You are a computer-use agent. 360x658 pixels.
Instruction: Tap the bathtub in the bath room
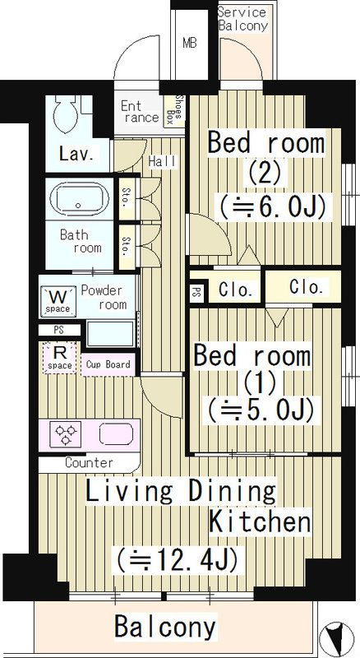click(x=77, y=199)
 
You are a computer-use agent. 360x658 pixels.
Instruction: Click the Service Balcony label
click(x=242, y=18)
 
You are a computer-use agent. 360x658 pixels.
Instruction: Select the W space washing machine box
click(x=58, y=299)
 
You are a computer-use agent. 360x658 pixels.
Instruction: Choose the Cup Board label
click(x=108, y=364)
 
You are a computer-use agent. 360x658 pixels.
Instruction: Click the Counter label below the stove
click(x=88, y=462)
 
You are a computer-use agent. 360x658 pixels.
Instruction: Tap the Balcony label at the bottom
click(x=164, y=627)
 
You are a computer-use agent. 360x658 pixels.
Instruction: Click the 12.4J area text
click(x=178, y=560)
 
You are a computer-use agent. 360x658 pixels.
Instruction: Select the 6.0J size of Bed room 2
click(x=271, y=205)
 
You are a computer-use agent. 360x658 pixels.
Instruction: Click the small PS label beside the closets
click(x=197, y=290)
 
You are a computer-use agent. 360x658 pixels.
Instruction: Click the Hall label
click(x=161, y=162)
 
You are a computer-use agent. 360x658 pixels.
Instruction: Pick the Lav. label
click(x=75, y=153)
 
